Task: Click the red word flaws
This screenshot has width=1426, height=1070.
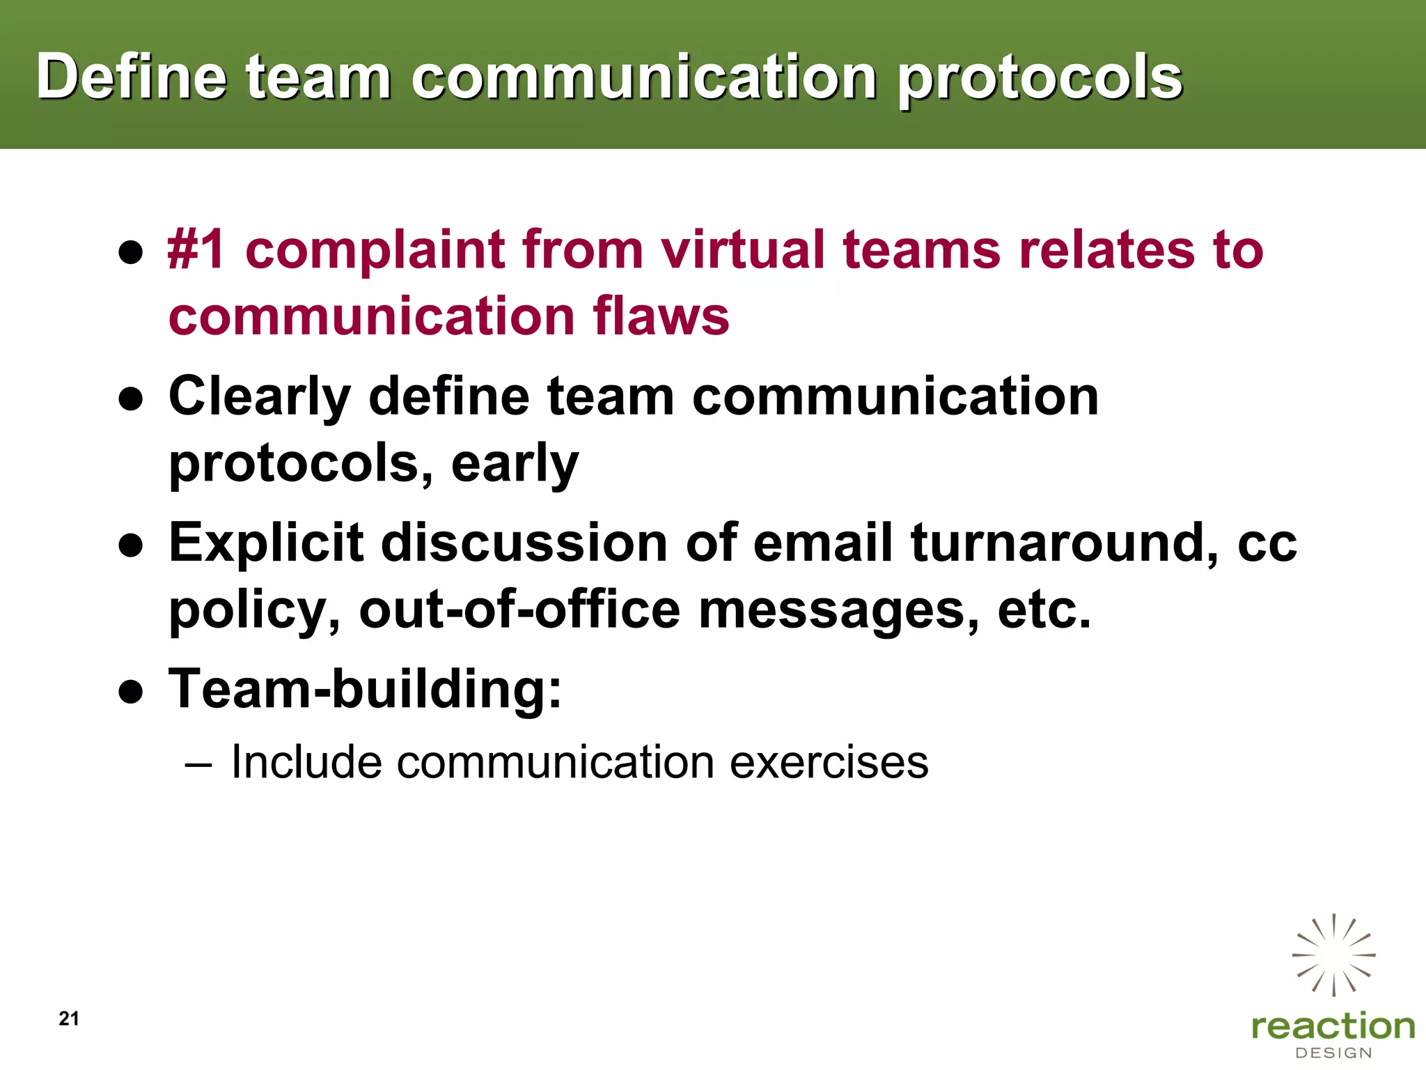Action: click(661, 316)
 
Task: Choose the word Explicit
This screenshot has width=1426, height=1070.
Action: click(266, 543)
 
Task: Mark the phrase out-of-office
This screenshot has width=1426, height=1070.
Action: click(519, 609)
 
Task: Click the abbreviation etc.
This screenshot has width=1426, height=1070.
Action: click(1044, 609)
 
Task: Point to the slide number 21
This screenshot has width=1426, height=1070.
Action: click(69, 1018)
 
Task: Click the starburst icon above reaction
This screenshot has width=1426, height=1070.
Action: click(1333, 954)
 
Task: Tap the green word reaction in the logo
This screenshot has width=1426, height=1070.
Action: click(1333, 1026)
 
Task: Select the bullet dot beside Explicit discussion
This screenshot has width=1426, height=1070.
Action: click(131, 545)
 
